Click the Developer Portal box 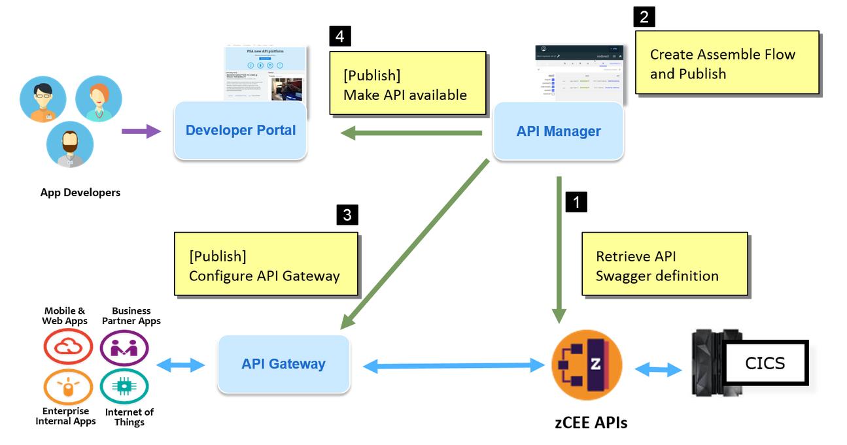point(240,131)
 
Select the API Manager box point(558,131)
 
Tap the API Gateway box point(283,364)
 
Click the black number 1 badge point(576,201)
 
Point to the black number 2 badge point(644,16)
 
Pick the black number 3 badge point(347,214)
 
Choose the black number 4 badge point(340,36)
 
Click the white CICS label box point(765,363)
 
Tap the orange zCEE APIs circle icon point(587,365)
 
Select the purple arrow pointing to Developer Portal point(141,131)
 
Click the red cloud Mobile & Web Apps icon point(68,346)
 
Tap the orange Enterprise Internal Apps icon point(68,387)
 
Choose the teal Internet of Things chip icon point(124,387)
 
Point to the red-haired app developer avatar point(99,99)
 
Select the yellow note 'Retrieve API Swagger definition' point(665,265)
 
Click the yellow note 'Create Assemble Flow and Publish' point(727,63)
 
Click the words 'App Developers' point(80,193)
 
